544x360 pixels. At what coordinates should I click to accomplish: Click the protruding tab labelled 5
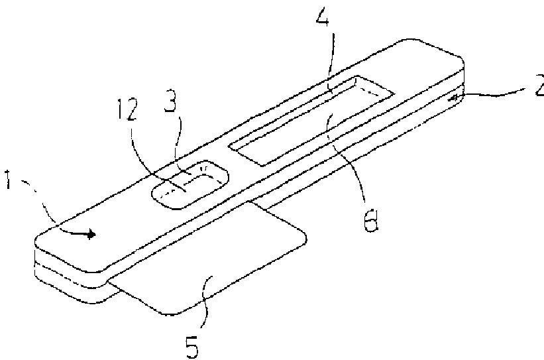tap(219, 265)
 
